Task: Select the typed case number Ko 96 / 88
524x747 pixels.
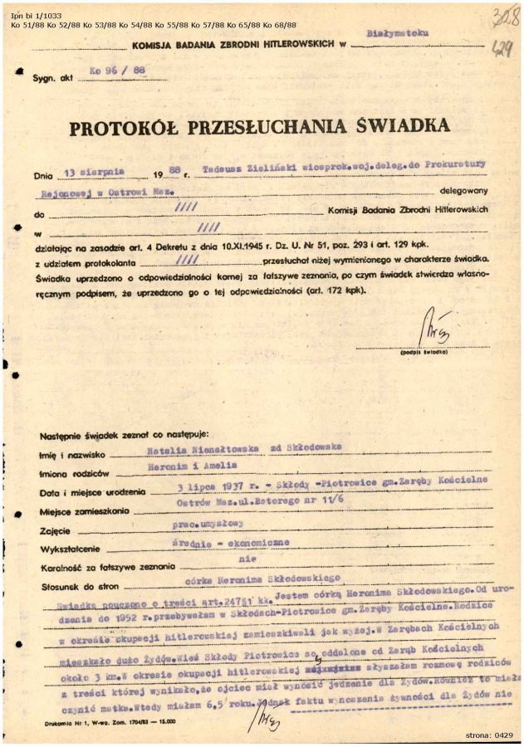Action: pos(112,73)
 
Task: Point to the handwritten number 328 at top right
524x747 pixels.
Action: pos(499,16)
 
